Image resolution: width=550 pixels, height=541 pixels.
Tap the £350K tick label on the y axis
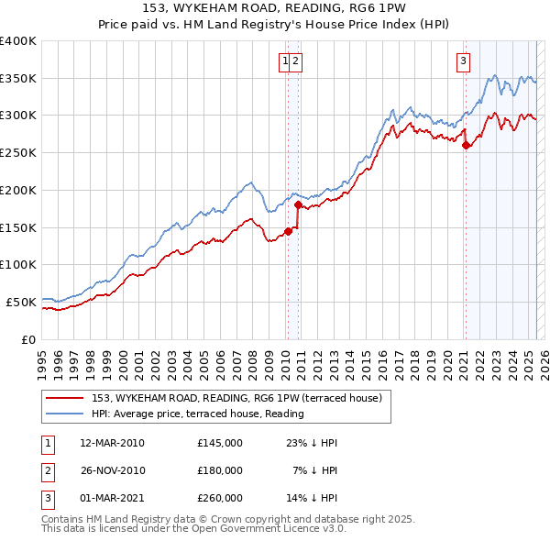pyautogui.click(x=18, y=78)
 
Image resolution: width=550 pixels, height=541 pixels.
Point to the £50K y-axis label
pyautogui.click(x=21, y=302)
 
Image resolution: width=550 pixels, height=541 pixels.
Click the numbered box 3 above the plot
pyautogui.click(x=464, y=61)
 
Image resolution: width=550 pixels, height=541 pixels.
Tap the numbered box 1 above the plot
pyautogui.click(x=287, y=61)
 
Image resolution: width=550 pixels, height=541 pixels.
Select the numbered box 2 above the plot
pyautogui.click(x=298, y=61)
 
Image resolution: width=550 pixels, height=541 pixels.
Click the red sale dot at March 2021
pyautogui.click(x=466, y=145)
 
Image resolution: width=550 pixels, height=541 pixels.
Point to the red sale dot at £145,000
pyautogui.click(x=288, y=231)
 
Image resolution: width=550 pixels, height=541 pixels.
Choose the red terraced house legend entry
pyautogui.click(x=242, y=397)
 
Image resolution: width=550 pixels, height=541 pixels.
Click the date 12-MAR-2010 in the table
pyautogui.click(x=112, y=443)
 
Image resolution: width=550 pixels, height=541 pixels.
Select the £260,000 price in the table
pyautogui.click(x=220, y=498)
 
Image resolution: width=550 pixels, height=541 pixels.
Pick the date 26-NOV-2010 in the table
pyautogui.click(x=112, y=470)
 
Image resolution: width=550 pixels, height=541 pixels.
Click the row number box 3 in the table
pyautogui.click(x=47, y=498)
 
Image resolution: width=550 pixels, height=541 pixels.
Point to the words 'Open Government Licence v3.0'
pyautogui.click(x=271, y=528)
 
